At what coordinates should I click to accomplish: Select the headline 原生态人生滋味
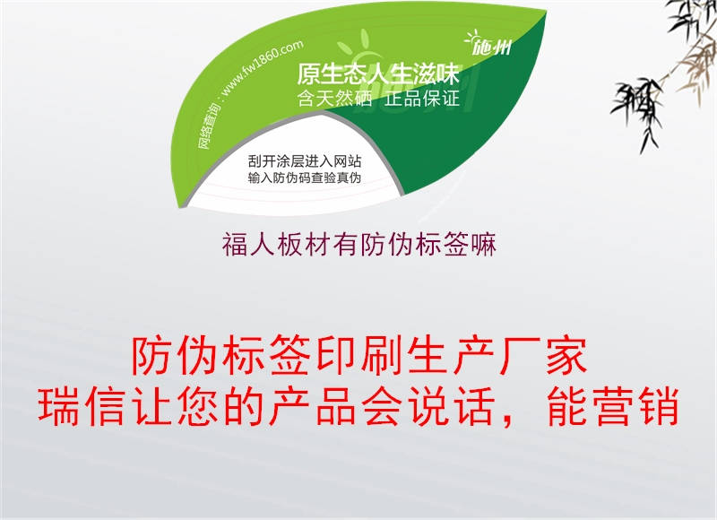377,75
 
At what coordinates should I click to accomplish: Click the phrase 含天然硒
333,99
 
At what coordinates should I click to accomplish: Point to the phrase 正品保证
422,99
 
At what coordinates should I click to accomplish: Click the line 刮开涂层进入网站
305,161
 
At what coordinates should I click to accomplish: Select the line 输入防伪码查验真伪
305,178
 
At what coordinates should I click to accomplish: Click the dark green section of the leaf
484,134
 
